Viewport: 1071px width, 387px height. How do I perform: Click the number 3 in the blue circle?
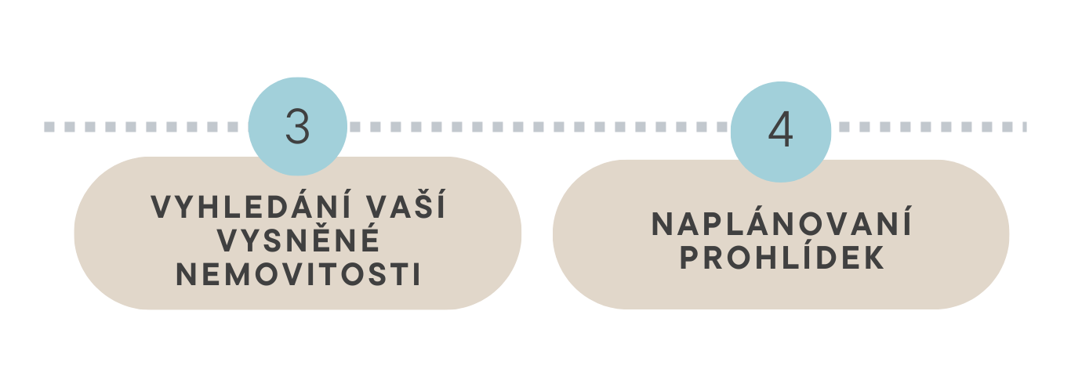(x=298, y=127)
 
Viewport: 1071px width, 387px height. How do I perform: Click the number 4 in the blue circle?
(x=781, y=131)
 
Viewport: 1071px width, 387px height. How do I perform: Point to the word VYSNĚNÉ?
(x=298, y=241)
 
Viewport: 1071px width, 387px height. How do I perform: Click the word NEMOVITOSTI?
(x=298, y=275)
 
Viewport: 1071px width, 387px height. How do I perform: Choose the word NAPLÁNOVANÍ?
(x=782, y=225)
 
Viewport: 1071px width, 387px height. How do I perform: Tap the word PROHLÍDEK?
(x=782, y=259)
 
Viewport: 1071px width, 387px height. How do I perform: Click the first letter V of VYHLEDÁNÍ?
(x=160, y=207)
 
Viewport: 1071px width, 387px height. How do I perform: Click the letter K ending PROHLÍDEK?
(x=875, y=259)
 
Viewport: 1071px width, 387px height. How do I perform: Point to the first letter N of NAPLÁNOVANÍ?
(x=663, y=225)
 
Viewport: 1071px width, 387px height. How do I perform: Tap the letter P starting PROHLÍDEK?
(x=689, y=259)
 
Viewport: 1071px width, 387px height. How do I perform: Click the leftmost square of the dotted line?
(x=49, y=126)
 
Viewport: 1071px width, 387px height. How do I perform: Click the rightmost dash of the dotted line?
(x=1023, y=126)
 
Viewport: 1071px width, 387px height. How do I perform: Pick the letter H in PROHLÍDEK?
(x=764, y=259)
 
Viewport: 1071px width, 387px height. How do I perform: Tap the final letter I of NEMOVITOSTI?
(x=416, y=275)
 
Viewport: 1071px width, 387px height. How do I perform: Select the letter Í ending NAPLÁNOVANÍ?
(x=906, y=225)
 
